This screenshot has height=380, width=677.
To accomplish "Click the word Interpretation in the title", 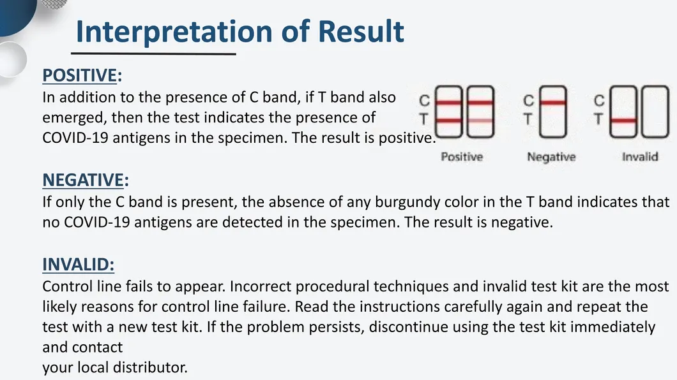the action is click(174, 32).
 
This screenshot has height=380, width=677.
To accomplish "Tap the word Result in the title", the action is click(361, 31).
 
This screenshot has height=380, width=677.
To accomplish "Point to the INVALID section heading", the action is click(78, 265).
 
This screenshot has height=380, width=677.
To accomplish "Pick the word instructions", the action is click(399, 306).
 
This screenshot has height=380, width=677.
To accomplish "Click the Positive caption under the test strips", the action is click(462, 156).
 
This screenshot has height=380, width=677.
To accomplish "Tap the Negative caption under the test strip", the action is click(551, 157).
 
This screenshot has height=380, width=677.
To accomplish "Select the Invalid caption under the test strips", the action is click(640, 156).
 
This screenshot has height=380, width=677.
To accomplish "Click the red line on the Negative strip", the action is click(553, 103).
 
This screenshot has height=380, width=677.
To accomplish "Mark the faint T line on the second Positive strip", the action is click(480, 121).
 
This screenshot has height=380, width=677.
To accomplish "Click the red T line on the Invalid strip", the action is click(623, 121).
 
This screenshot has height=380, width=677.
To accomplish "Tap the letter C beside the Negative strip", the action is click(528, 101).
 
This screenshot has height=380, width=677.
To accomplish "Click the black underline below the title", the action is click(154, 54).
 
